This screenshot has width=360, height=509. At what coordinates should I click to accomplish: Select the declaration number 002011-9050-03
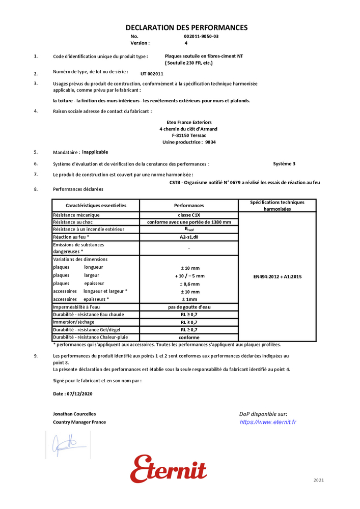pyautogui.click(x=201, y=37)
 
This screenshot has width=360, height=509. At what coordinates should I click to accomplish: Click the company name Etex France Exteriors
pyautogui.click(x=189, y=123)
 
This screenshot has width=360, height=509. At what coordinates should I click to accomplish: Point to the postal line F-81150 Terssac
pyautogui.click(x=189, y=136)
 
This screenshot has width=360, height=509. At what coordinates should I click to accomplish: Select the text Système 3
pyautogui.click(x=284, y=164)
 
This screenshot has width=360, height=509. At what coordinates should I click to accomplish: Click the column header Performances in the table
pyautogui.click(x=189, y=206)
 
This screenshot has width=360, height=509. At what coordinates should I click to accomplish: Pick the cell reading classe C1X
pyautogui.click(x=189, y=215)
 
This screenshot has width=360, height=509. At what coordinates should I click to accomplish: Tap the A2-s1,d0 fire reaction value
pyautogui.click(x=189, y=237)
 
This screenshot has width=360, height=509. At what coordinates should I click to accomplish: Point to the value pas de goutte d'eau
pyautogui.click(x=189, y=307)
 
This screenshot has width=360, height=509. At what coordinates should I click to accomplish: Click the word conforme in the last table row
pyautogui.click(x=189, y=337)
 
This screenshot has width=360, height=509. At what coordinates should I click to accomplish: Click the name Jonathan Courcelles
pyautogui.click(x=74, y=414)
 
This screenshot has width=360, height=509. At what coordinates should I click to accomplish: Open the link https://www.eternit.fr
pyautogui.click(x=268, y=422)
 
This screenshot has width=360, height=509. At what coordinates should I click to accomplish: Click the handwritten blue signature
pyautogui.click(x=65, y=444)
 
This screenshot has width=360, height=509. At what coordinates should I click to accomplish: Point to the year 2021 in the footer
pyautogui.click(x=318, y=480)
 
